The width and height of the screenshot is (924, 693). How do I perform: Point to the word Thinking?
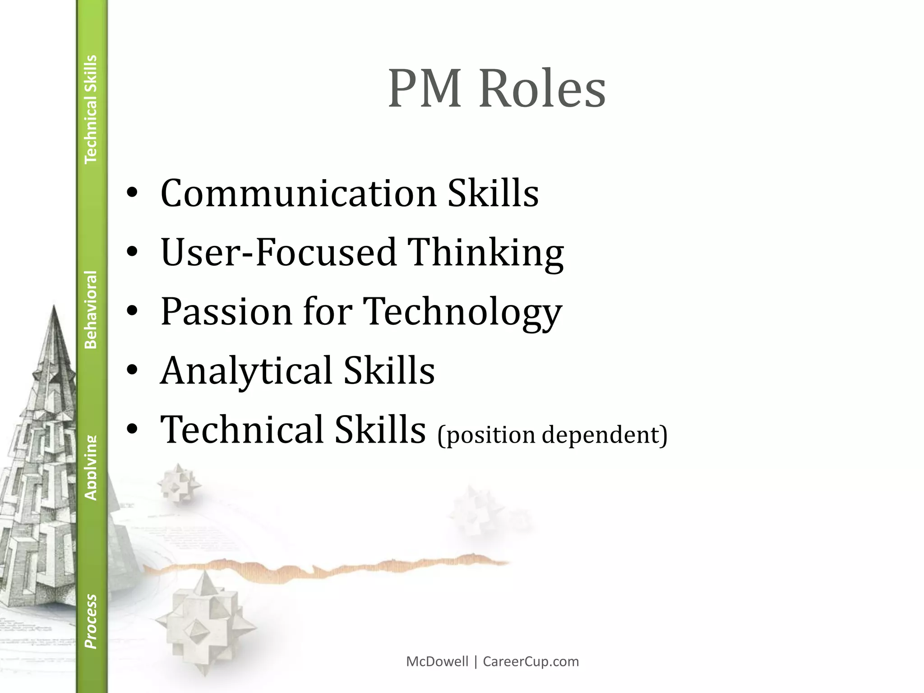point(485,253)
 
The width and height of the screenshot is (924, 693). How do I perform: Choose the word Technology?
point(462,312)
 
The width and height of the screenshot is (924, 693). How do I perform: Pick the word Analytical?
point(246,370)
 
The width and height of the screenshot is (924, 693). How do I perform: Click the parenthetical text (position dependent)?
point(552,434)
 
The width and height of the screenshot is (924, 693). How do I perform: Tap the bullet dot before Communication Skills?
point(132,193)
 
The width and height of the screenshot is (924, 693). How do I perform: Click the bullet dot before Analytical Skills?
point(132,370)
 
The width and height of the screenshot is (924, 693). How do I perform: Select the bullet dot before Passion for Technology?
point(132,311)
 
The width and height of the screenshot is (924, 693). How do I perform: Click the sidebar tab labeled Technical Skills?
point(91,109)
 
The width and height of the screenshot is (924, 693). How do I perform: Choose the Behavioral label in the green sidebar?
point(91,310)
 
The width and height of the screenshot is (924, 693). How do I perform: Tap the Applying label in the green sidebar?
point(91,468)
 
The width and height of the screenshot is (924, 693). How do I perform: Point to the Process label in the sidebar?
point(91,621)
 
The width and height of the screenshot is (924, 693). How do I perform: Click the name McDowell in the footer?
point(437,661)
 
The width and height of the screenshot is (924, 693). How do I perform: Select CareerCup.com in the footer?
point(531,661)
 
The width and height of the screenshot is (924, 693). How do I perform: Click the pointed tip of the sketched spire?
point(54,307)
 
